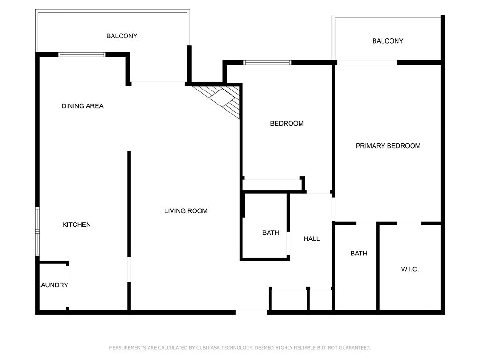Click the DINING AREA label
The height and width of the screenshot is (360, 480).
click(82, 106)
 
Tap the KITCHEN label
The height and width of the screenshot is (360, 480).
click(76, 225)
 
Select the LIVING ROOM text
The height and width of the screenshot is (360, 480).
click(186, 211)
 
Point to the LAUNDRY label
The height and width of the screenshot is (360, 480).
click(54, 285)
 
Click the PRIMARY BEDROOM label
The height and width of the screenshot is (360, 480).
click(388, 146)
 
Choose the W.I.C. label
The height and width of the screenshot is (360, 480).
click(410, 270)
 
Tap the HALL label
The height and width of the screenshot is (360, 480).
click(312, 239)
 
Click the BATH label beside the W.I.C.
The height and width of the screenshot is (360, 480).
click(359, 254)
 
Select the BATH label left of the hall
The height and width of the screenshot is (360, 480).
click(270, 233)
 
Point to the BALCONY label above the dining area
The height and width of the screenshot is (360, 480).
click(122, 36)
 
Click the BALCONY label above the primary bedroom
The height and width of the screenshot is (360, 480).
click(388, 41)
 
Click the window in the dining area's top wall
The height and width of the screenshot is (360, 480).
click(82, 55)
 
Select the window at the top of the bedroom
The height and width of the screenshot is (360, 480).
click(267, 63)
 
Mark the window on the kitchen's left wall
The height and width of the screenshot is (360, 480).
click(37, 232)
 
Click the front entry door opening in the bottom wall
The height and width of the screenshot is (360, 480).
click(251, 312)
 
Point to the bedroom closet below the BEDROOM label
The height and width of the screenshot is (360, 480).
click(272, 185)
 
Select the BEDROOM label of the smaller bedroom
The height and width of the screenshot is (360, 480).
click(287, 124)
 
